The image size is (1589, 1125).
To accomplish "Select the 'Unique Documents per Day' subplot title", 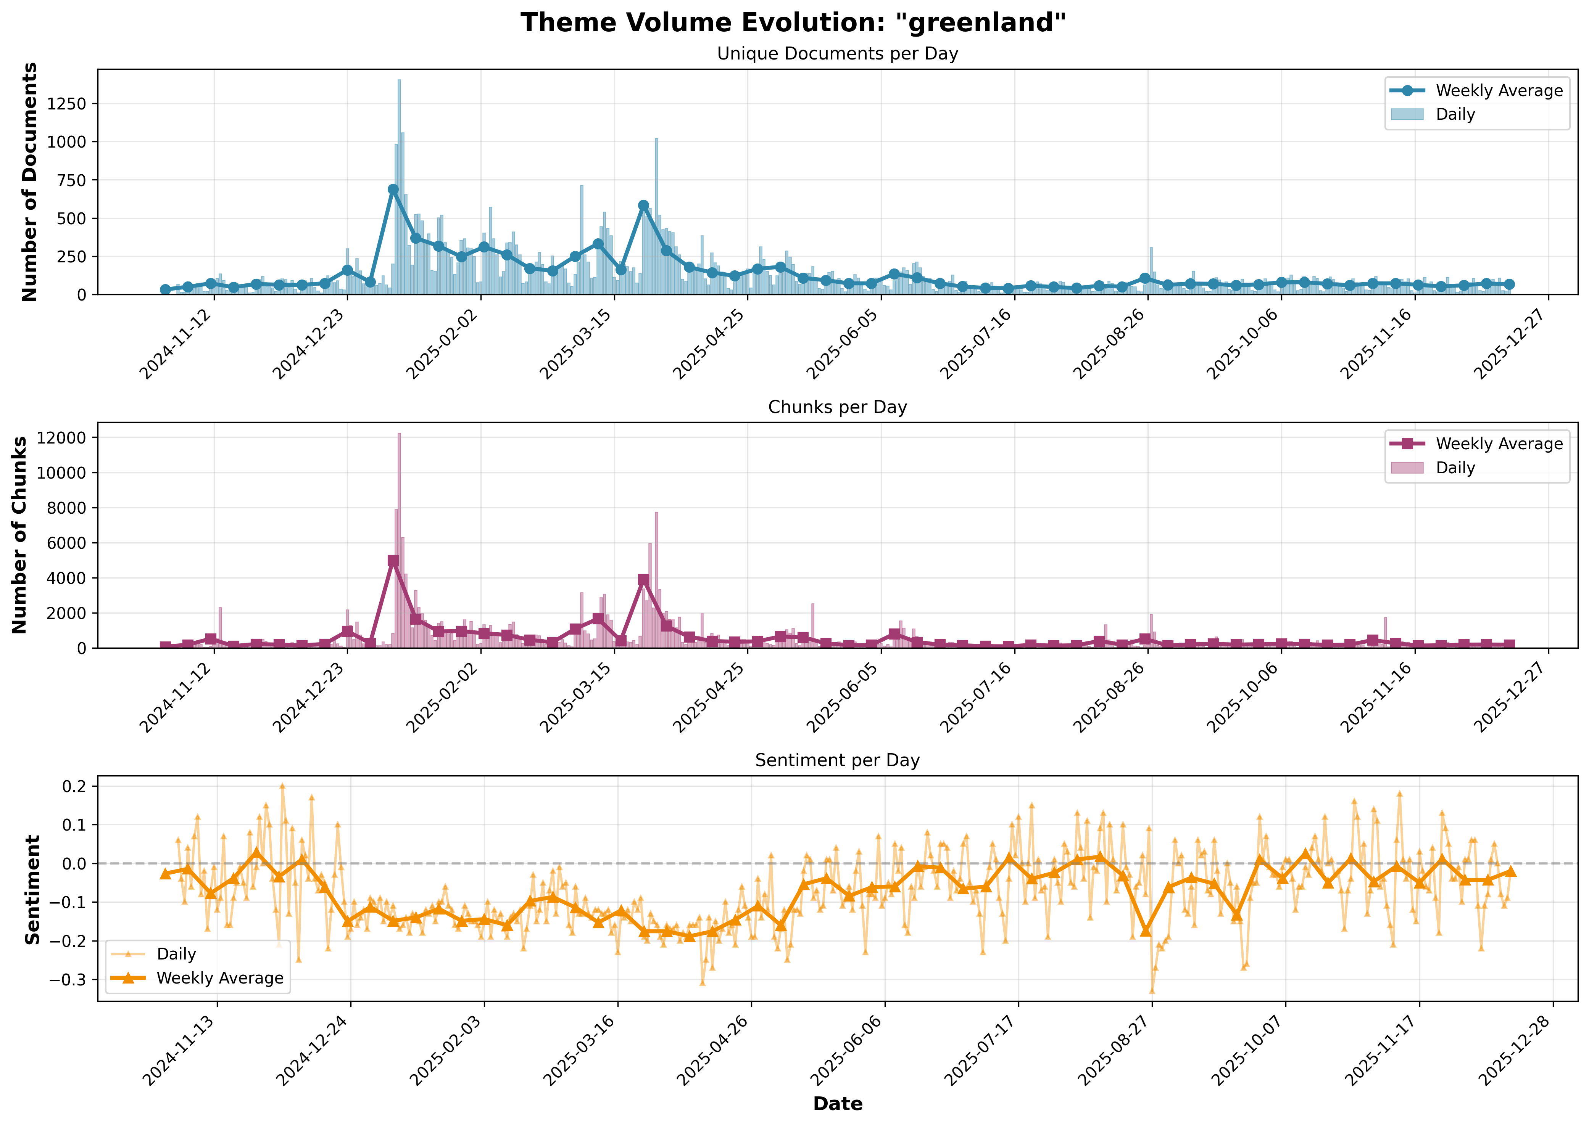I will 837,54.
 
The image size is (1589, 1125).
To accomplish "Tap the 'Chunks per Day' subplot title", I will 837,407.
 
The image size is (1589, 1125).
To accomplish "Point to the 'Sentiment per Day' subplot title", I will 837,761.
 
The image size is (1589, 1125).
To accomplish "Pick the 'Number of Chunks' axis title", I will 19,535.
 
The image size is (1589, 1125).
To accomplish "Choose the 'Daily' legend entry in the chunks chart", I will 1455,468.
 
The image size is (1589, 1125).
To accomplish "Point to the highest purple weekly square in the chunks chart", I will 393,561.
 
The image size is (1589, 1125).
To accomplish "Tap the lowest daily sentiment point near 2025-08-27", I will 1152,991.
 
